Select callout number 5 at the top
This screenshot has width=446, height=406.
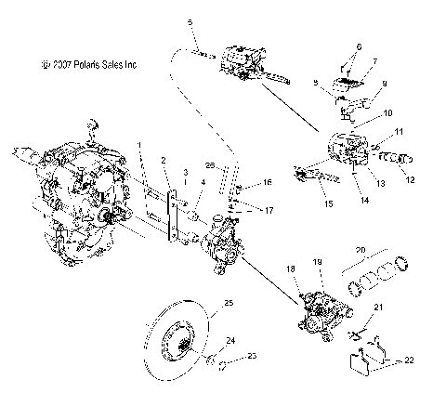(x=190, y=20)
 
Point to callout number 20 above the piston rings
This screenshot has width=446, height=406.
(x=359, y=249)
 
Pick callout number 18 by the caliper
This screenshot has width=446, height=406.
(x=293, y=268)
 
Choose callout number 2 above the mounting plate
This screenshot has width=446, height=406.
(x=163, y=160)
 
